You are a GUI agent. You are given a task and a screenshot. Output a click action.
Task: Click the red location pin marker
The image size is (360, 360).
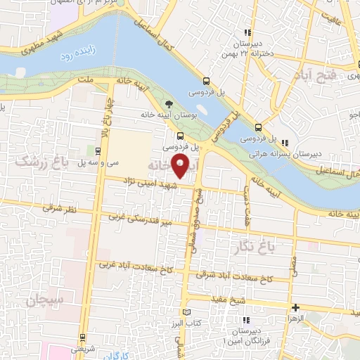(181, 167)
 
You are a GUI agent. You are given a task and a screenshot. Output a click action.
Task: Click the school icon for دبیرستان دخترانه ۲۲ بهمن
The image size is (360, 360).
(246, 32)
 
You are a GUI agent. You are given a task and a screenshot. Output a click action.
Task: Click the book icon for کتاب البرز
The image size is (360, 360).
(186, 311)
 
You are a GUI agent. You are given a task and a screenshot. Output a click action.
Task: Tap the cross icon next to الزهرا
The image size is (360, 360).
(296, 307)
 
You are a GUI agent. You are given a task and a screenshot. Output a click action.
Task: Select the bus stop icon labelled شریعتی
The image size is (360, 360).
(83, 337)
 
